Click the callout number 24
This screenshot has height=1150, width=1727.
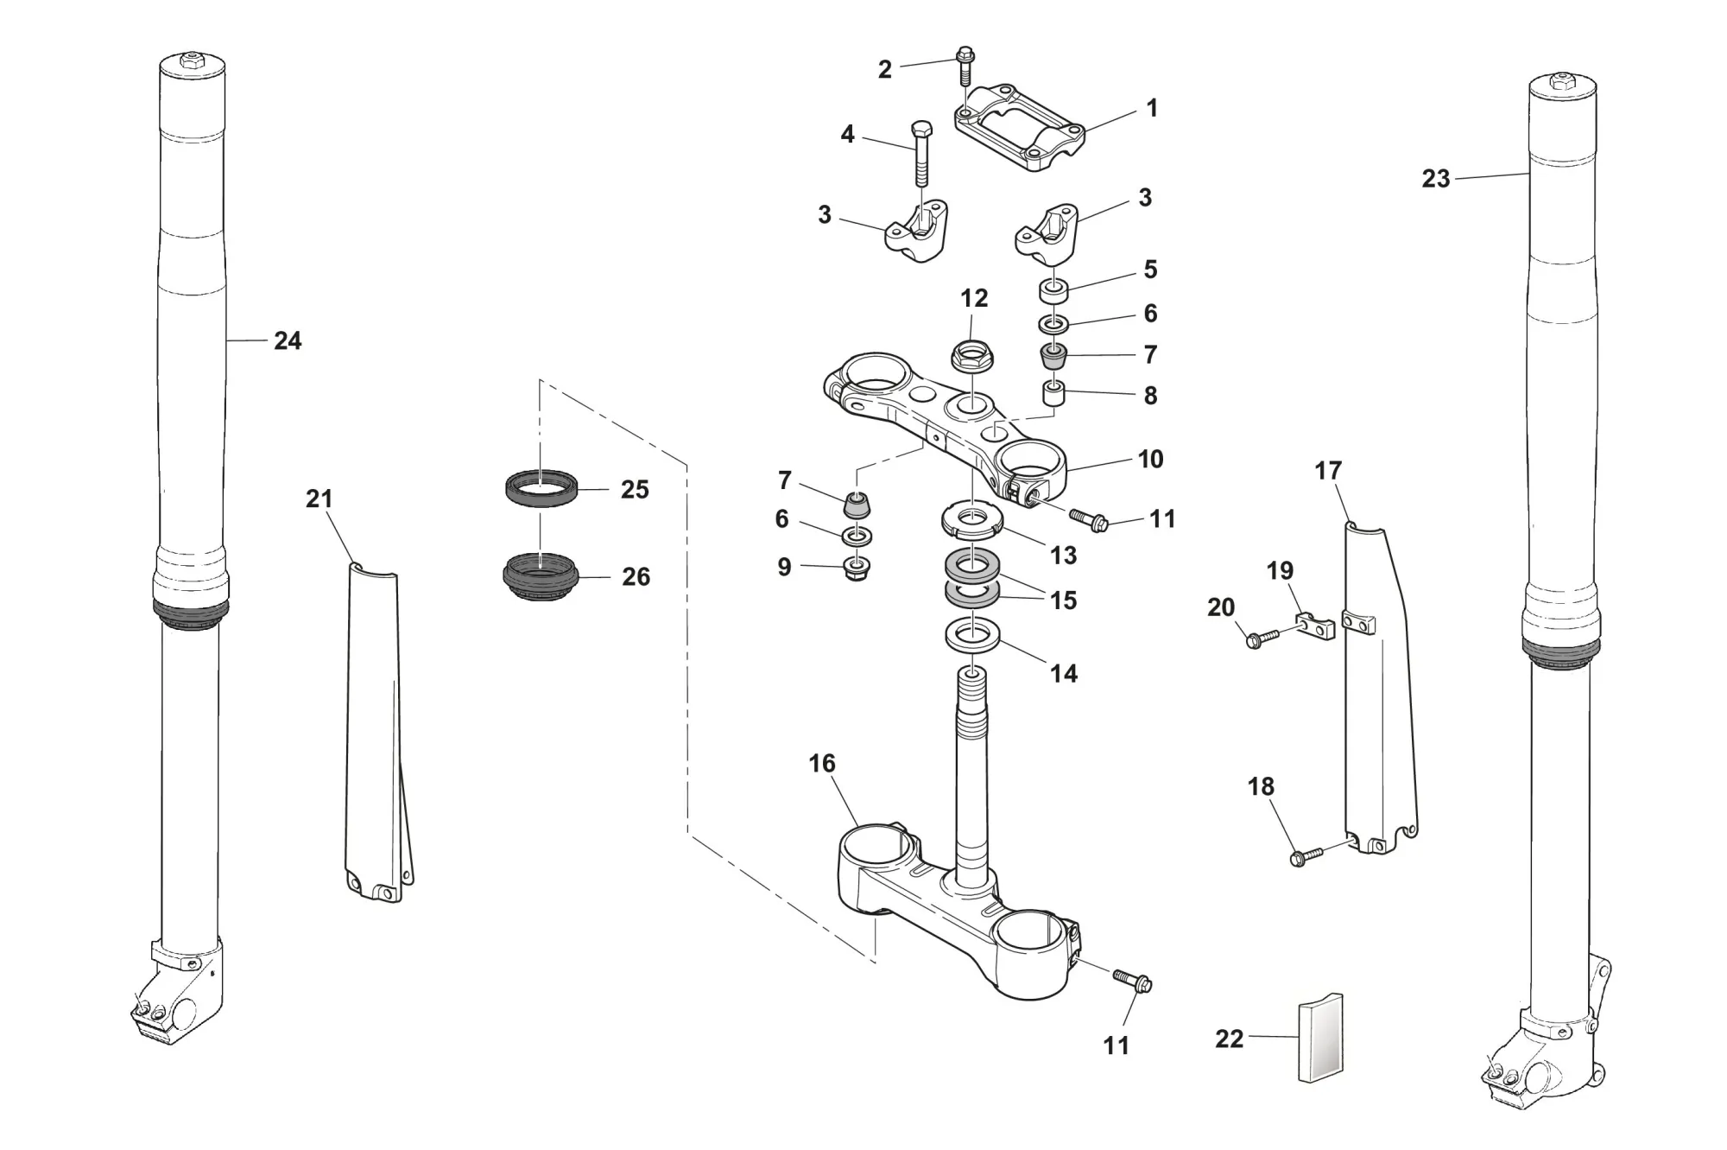coord(288,341)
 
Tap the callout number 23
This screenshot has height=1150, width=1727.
coord(1435,179)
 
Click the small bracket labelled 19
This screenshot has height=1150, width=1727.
coord(1315,624)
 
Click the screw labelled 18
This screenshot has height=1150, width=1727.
coord(1305,856)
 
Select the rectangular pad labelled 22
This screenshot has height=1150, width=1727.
coord(1321,1038)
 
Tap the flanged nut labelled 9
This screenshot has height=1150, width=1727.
coord(857,569)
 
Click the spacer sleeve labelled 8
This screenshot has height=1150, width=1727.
coord(1052,395)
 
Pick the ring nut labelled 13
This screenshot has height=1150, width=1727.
coord(971,521)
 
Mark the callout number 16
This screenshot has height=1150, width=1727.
coord(821,764)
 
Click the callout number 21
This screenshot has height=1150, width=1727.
coord(319,499)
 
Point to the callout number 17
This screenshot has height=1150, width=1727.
coord(1327,471)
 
